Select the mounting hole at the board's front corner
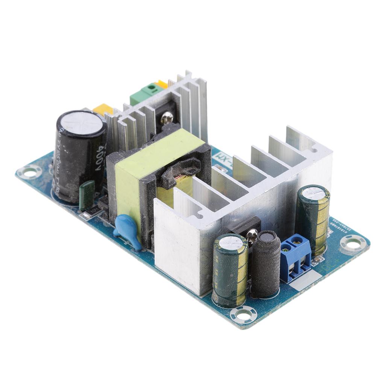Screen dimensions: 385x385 [x=244, y=314]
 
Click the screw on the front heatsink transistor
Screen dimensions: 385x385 [x=251, y=235]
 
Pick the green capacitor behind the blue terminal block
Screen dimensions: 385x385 [x=312, y=220]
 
